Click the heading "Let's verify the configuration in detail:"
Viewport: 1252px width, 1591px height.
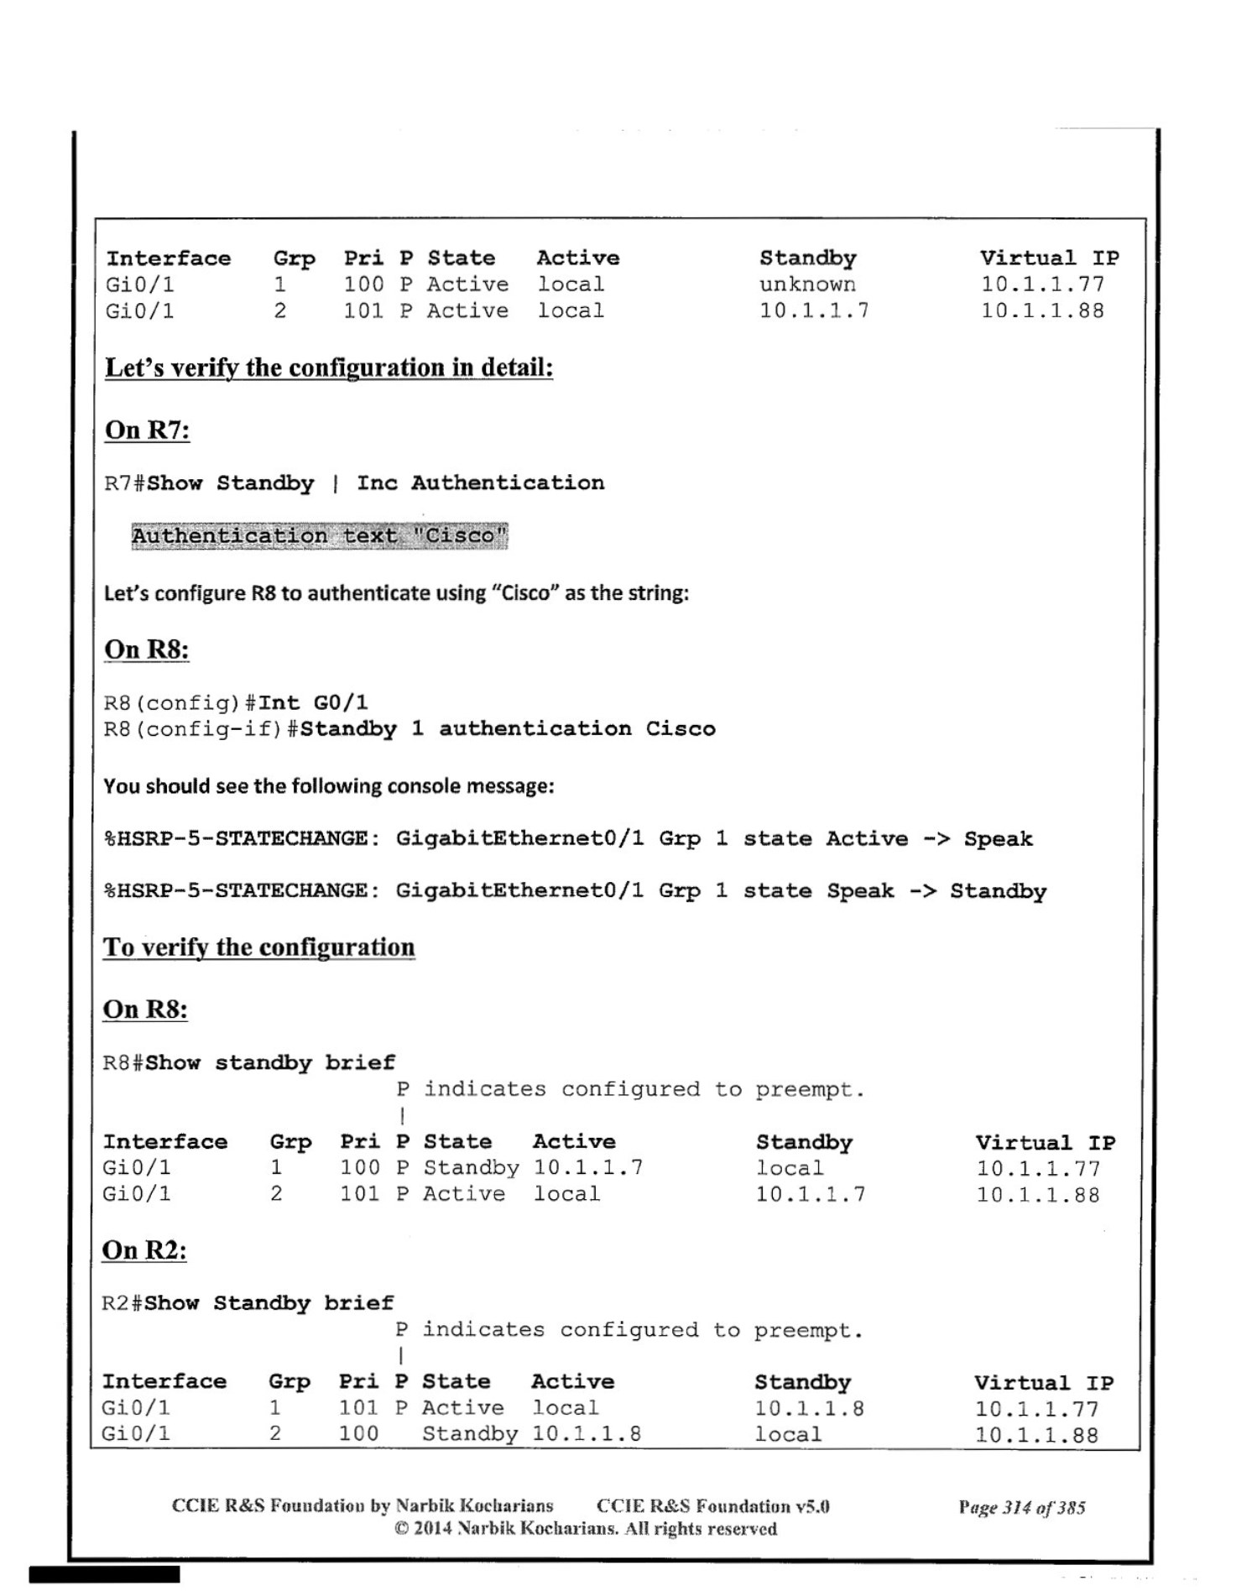[x=328, y=368]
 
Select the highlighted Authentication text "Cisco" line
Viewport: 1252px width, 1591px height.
[x=319, y=535]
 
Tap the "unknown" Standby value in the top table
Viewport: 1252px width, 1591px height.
[x=807, y=284]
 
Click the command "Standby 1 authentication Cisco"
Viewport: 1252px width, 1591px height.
[x=508, y=728]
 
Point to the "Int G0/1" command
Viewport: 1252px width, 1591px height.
[x=313, y=702]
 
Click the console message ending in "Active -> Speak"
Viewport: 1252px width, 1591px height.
[x=567, y=838]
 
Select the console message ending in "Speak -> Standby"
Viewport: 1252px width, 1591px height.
[x=574, y=891]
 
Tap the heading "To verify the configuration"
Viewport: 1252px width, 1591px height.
[x=258, y=947]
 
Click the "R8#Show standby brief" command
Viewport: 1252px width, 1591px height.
[x=248, y=1062]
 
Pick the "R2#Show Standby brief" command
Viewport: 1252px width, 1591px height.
[x=247, y=1303]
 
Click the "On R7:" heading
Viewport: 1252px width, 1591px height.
[x=147, y=430]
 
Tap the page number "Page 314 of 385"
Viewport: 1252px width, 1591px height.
[x=1021, y=1507]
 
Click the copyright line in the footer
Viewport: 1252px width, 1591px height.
[x=585, y=1528]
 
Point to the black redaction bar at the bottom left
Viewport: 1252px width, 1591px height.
[x=104, y=1574]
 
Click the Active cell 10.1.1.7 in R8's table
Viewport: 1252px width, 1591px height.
[x=588, y=1167]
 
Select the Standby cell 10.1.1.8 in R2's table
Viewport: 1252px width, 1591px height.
[x=808, y=1408]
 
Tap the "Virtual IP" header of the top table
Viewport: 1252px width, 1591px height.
[x=1049, y=258]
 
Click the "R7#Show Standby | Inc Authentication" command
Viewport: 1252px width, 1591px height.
[x=353, y=483]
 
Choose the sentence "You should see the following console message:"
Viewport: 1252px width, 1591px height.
[x=328, y=786]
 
